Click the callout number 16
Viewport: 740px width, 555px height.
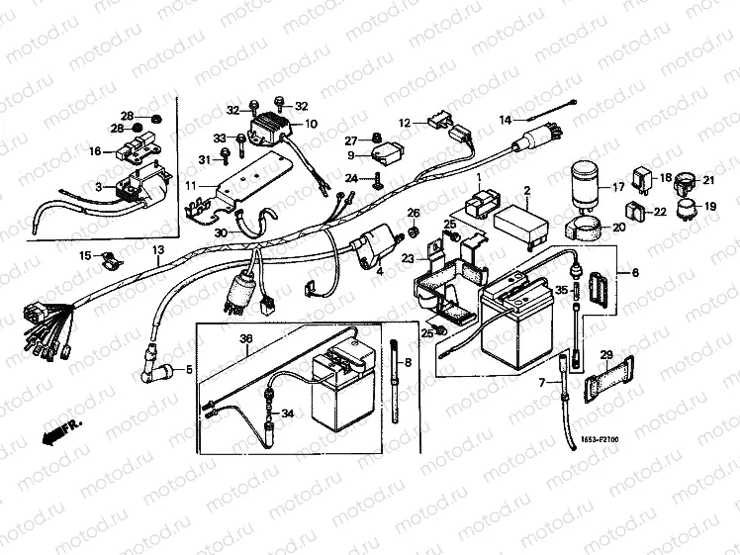(95, 151)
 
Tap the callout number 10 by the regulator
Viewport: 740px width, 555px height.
(311, 125)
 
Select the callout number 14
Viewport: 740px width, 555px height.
(505, 120)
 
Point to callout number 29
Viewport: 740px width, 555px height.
(606, 354)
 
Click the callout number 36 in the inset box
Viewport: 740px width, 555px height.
(246, 337)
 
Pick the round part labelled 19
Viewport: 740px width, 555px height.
(683, 208)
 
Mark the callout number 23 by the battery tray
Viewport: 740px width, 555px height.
(407, 258)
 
